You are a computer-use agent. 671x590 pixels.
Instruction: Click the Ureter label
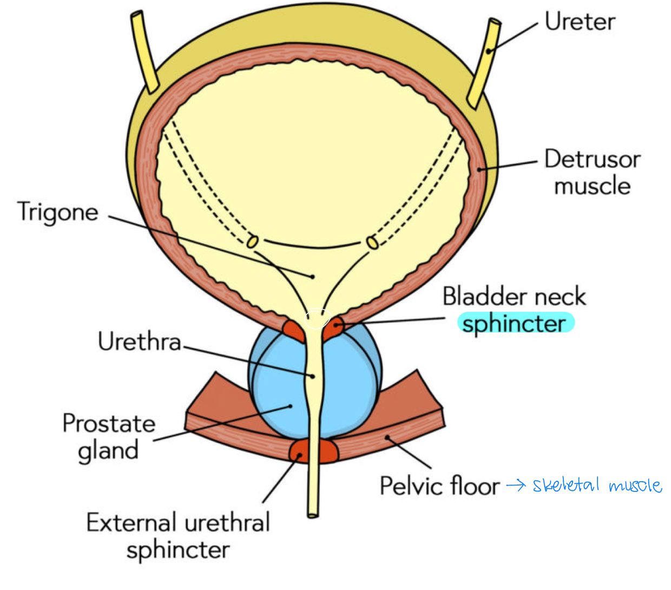pos(580,22)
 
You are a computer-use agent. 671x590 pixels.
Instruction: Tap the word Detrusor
pos(592,160)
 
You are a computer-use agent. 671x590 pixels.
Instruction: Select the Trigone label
pos(58,212)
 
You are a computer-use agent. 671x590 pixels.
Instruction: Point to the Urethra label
pos(139,342)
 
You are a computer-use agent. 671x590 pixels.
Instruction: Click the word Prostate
pos(109,423)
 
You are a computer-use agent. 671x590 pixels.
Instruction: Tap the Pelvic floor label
pos(439,486)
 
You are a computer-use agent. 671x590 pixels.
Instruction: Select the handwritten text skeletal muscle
pos(597,484)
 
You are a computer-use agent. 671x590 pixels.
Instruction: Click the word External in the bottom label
pos(132,523)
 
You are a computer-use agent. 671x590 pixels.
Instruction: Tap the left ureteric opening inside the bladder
pos(252,241)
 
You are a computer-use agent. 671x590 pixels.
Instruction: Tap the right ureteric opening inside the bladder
pos(372,243)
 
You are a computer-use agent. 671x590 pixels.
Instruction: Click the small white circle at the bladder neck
pos(317,319)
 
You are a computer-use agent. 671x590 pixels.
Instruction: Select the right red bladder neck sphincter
pos(335,327)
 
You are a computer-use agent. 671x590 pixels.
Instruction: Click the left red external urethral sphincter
pos(298,451)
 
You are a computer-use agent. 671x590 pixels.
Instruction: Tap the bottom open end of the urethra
pos(313,513)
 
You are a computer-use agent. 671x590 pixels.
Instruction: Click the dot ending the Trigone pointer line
pos(313,277)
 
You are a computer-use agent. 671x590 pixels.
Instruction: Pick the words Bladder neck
pos(514,297)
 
